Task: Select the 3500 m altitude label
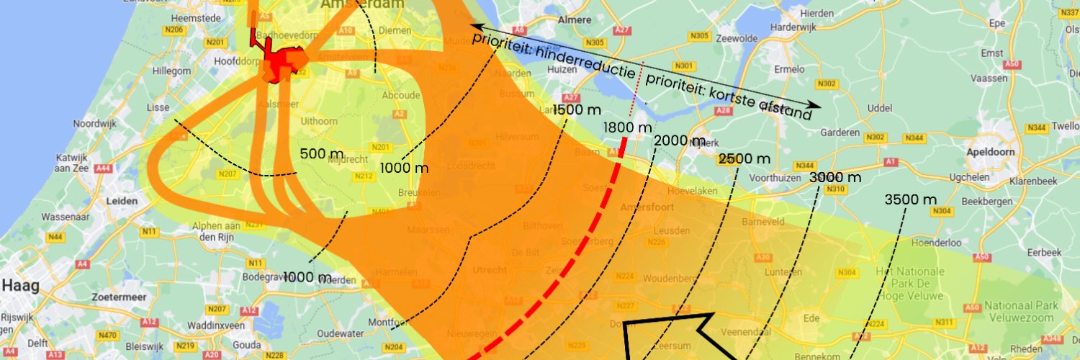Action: tap(911, 199)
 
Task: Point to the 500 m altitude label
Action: tap(322, 154)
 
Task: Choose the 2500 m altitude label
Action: tap(744, 158)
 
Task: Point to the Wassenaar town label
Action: tap(64, 216)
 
